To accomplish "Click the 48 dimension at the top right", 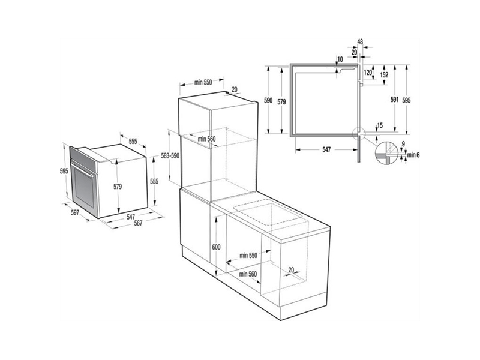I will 360,41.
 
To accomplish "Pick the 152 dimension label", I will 384,74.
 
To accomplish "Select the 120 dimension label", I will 368,73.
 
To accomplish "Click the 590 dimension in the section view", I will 269,101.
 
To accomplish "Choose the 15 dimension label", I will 379,125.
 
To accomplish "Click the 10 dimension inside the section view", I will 340,59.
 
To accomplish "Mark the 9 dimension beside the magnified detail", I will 403,143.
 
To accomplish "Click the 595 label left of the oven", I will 64,170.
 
